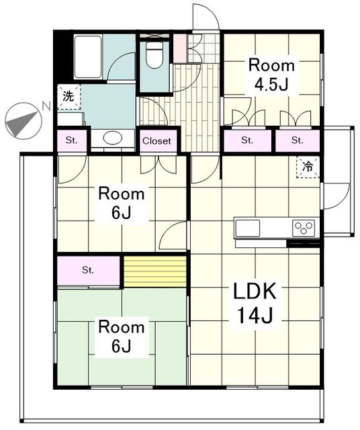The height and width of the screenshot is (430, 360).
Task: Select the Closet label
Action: click(157, 141)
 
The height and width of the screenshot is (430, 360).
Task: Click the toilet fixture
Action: click(154, 55)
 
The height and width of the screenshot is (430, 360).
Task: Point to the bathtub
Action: click(88, 57)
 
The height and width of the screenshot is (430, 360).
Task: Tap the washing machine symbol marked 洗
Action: click(69, 97)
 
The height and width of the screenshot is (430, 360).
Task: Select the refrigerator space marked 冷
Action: click(308, 167)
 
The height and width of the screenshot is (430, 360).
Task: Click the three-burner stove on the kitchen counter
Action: click(304, 228)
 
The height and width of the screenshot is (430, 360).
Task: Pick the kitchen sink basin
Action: click(248, 228)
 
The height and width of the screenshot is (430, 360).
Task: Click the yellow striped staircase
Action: click(155, 271)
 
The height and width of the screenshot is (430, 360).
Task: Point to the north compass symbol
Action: click(24, 121)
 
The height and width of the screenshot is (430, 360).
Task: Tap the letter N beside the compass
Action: click(46, 105)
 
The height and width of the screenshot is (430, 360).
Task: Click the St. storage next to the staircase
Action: click(88, 270)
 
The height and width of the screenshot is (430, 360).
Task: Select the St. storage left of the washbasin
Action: click(72, 140)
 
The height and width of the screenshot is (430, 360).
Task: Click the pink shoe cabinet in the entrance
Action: click(180, 48)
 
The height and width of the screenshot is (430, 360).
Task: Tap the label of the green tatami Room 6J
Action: click(122, 336)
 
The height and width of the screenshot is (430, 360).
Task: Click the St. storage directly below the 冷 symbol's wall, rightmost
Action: click(298, 140)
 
